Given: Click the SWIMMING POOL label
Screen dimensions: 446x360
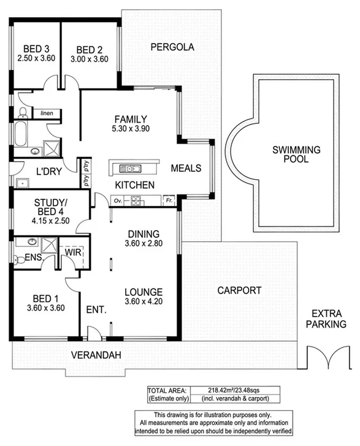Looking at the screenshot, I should (x=297, y=153).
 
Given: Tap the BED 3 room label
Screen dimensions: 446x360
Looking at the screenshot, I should (x=36, y=50).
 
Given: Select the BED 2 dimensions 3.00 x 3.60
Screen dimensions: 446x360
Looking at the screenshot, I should (x=90, y=60).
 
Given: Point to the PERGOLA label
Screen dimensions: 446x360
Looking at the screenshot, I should (x=172, y=47).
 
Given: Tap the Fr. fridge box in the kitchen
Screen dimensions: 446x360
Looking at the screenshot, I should (x=168, y=199).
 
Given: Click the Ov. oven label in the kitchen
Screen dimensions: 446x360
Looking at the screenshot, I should (x=117, y=199).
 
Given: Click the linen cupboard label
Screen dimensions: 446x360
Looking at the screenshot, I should (x=47, y=113).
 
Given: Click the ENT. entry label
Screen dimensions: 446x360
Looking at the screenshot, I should (x=97, y=310).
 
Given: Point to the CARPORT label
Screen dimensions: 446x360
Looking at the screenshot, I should (x=239, y=290).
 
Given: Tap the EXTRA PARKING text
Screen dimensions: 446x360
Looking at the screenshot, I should (x=326, y=318).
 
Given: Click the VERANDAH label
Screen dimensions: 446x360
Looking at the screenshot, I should (x=95, y=355).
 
